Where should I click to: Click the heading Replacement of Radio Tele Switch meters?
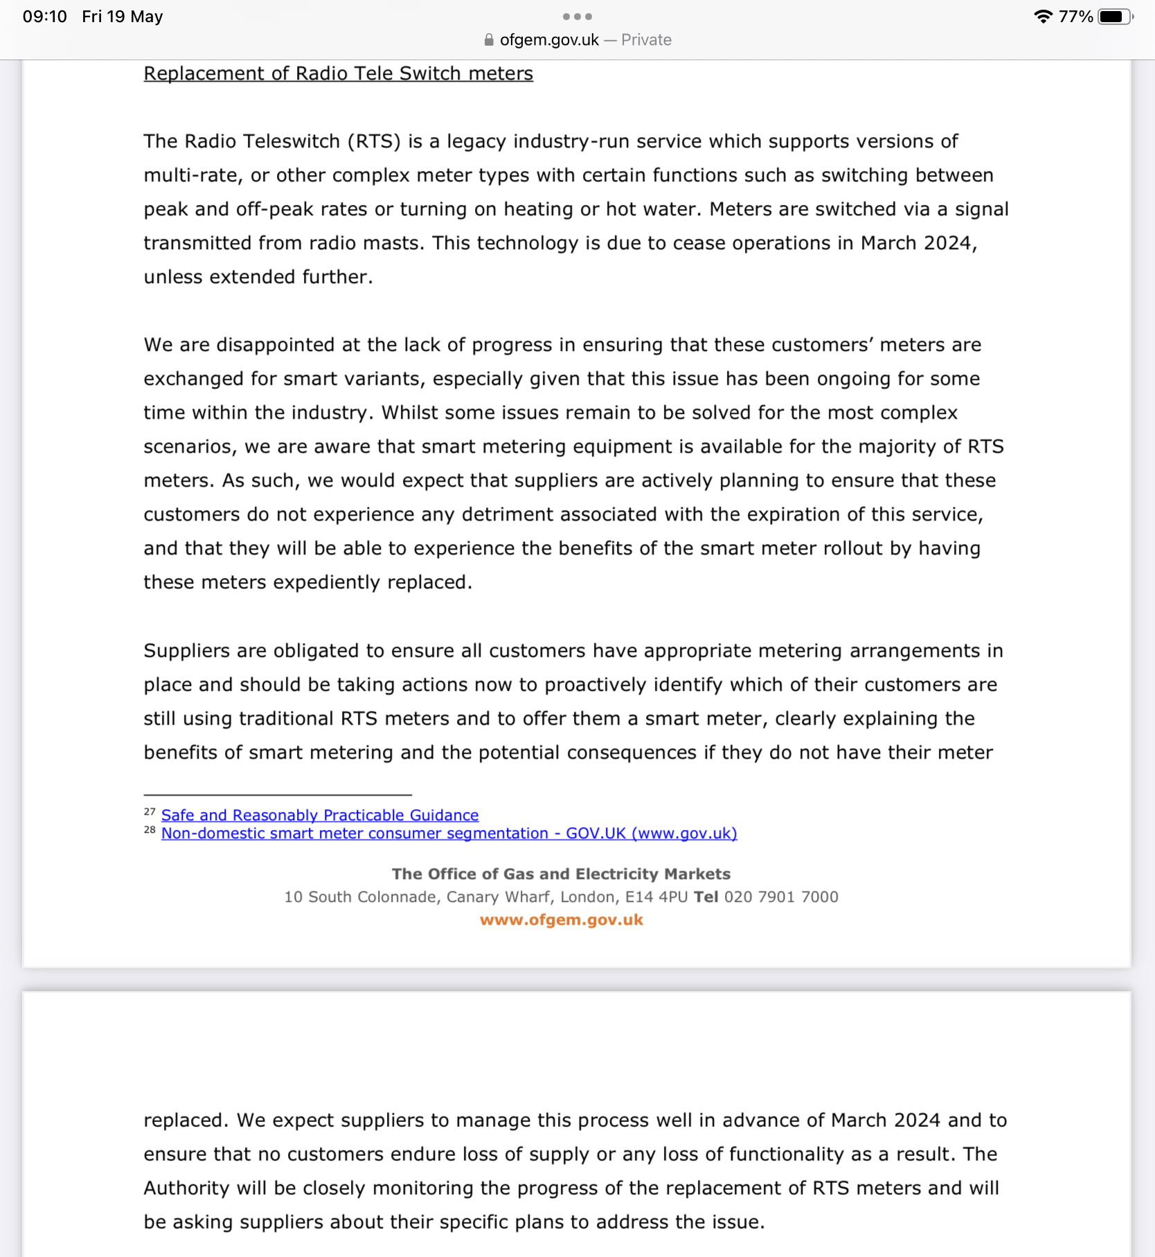[338, 73]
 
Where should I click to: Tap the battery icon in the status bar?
[1114, 17]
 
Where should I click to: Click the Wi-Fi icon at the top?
[1043, 17]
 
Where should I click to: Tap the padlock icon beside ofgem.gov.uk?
[489, 40]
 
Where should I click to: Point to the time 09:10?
[45, 17]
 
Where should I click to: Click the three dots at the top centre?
[577, 17]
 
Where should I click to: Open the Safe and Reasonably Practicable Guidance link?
[320, 815]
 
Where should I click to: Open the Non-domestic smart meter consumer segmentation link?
[449, 833]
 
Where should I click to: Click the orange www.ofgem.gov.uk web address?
[562, 920]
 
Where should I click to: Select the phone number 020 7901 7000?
[781, 897]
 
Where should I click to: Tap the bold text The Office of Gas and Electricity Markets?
[561, 874]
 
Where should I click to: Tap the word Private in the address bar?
[646, 40]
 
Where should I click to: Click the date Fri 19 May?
[123, 17]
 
